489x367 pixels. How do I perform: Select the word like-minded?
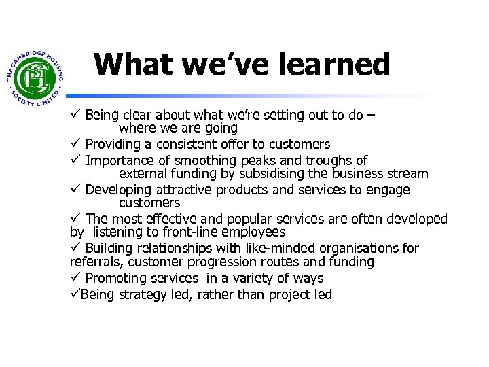[251, 248]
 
